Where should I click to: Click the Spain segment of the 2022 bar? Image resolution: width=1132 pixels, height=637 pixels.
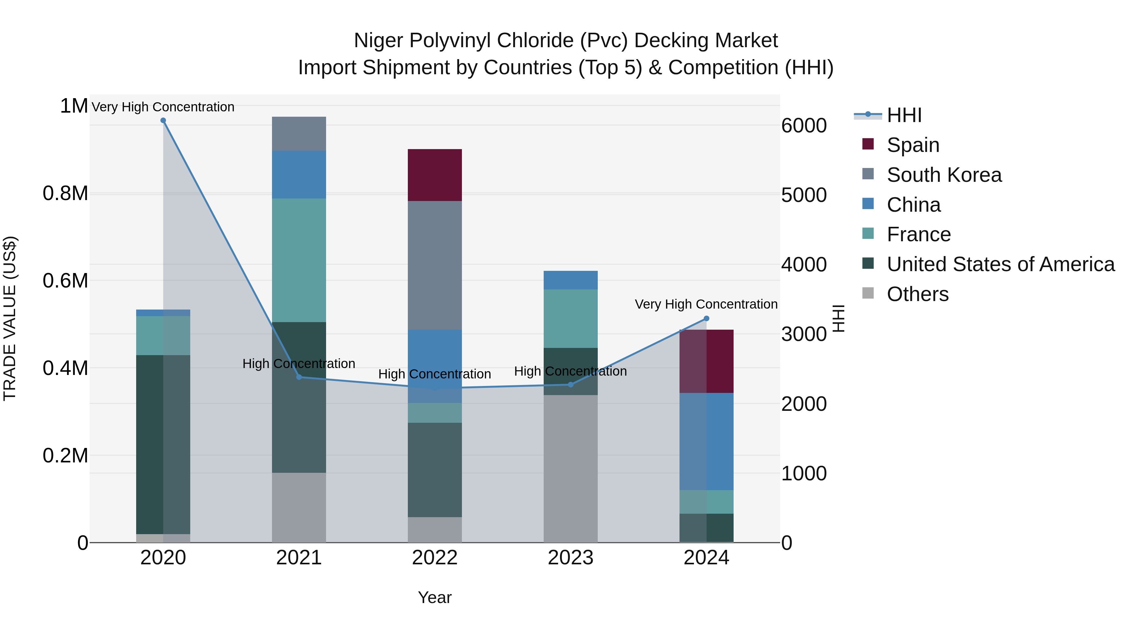(x=435, y=175)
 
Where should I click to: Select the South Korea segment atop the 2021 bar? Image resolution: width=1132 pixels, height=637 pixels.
(x=299, y=134)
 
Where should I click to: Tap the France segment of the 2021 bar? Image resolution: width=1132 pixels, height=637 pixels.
(x=299, y=260)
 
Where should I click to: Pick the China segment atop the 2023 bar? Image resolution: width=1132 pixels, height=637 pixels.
(x=570, y=280)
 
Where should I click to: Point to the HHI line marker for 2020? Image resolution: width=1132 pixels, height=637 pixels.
(x=163, y=120)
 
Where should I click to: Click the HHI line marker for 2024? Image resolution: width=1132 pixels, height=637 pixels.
(x=706, y=319)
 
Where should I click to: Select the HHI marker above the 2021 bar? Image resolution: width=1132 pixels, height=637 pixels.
(x=299, y=377)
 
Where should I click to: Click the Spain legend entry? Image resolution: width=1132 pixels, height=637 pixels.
(x=913, y=145)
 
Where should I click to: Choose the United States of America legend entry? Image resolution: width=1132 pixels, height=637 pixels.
(x=1001, y=264)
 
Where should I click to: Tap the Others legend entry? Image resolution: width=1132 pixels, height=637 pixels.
(x=918, y=294)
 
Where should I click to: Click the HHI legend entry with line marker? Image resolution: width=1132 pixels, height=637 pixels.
(x=904, y=115)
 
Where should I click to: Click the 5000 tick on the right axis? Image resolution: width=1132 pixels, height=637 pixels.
(x=804, y=195)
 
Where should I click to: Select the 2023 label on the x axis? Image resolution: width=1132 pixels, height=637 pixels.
(x=570, y=558)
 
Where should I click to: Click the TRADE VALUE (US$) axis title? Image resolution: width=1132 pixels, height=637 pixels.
(x=10, y=318)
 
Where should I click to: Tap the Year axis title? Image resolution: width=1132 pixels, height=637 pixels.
(x=435, y=597)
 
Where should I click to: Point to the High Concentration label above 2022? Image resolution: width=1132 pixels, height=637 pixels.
(x=435, y=374)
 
